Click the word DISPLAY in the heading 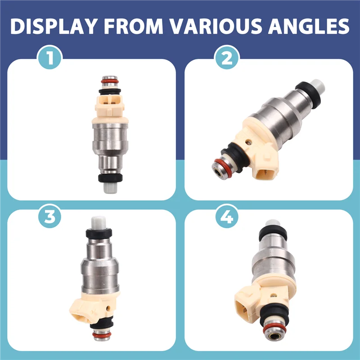54,26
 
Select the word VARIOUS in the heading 216,26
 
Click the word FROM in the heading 134,26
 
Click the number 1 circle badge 49,57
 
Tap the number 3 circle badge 49,216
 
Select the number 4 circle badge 227,216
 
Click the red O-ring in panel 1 110,81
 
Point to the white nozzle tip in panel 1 110,187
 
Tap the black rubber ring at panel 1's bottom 110,178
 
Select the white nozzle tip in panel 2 318,85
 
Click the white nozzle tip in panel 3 99,222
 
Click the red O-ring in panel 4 274,329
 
